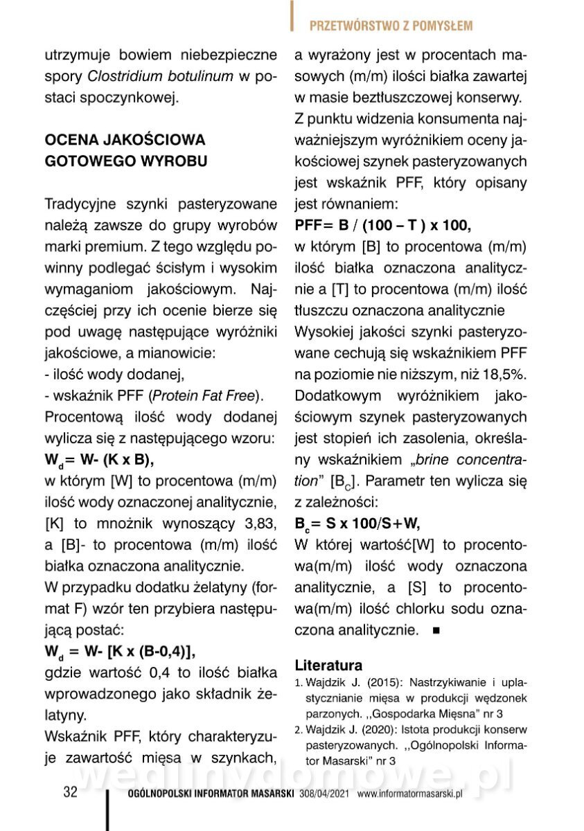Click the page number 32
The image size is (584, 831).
[70, 792]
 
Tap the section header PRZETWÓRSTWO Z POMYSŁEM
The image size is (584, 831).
[391, 26]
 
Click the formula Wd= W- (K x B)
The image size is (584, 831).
[99, 460]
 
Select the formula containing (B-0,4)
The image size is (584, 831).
[120, 652]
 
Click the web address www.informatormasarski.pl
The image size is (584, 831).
[410, 794]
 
